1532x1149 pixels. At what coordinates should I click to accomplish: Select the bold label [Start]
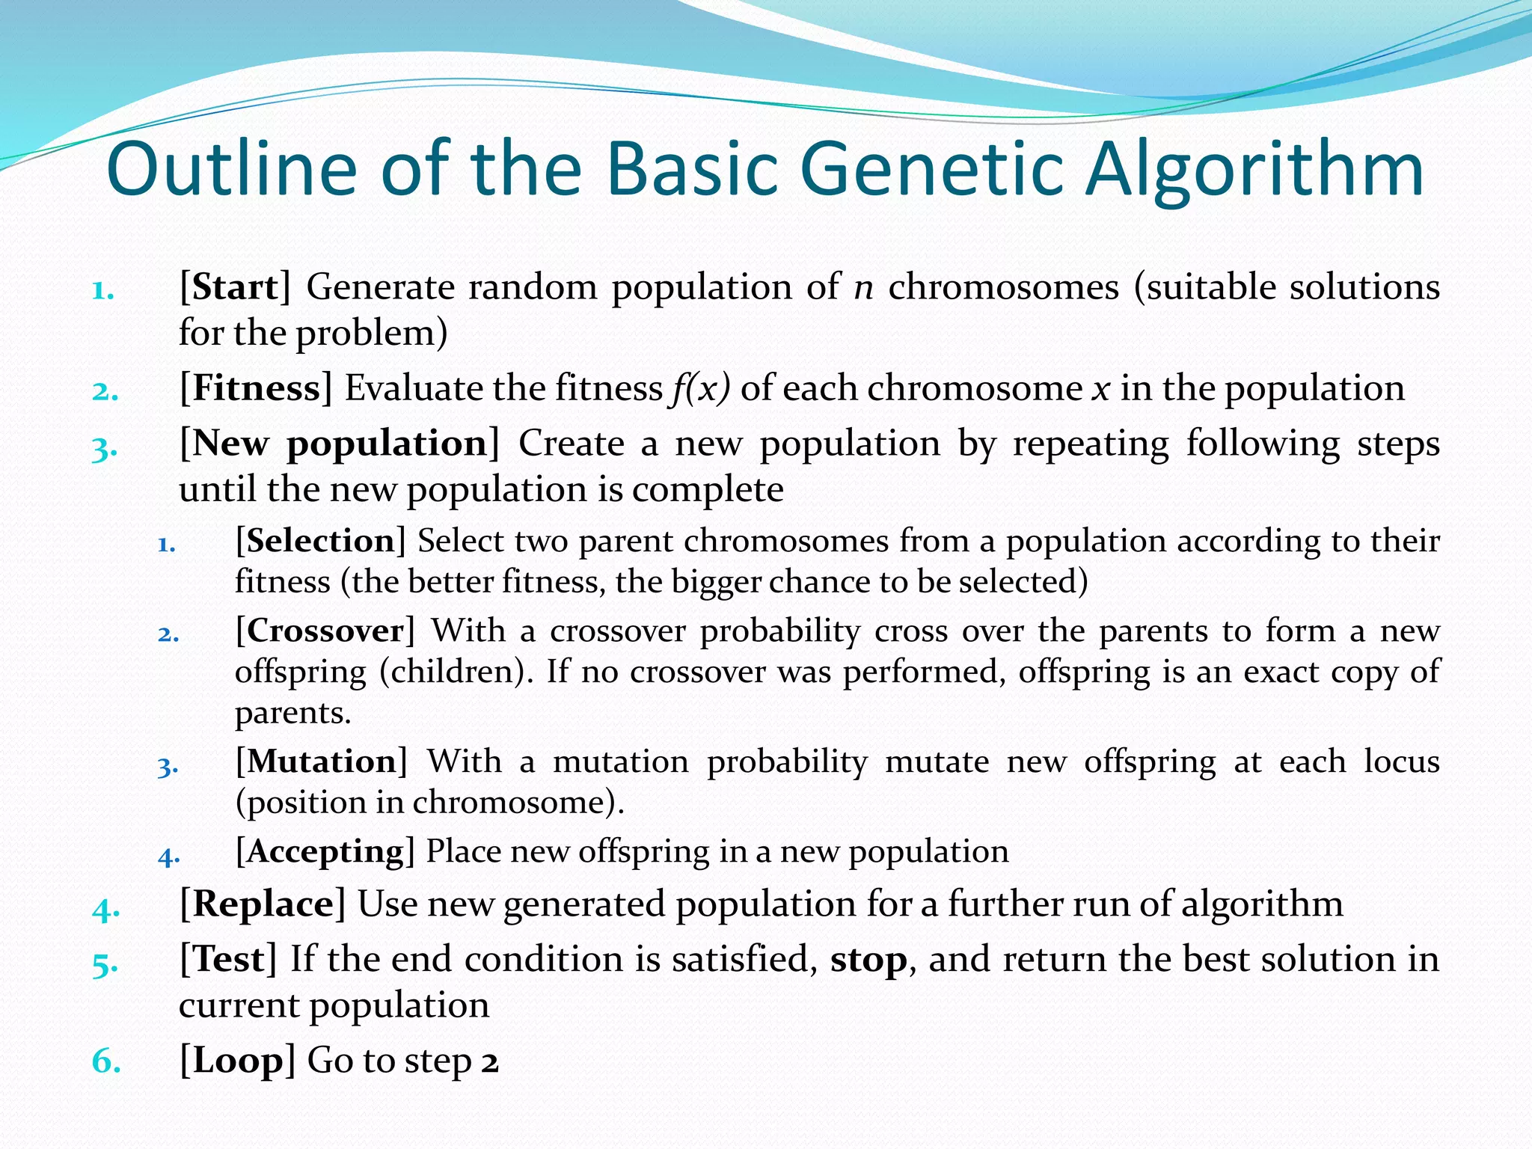point(235,287)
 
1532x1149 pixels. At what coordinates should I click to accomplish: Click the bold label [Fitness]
point(256,388)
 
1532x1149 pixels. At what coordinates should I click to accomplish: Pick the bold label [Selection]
point(320,541)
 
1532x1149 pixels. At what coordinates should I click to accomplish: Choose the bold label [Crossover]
point(325,631)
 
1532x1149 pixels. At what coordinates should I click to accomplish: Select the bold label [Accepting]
point(325,852)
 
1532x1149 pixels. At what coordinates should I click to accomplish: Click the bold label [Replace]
point(263,904)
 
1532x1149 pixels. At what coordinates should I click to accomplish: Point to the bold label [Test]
point(228,960)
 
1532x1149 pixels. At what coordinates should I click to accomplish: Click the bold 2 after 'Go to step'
point(490,1062)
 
